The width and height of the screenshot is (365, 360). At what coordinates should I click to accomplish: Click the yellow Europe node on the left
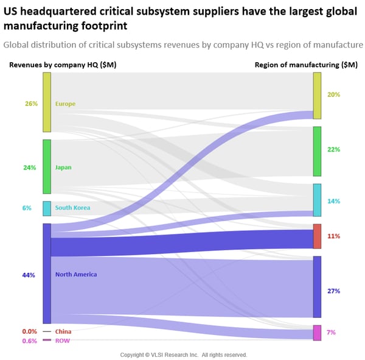[x=47, y=102]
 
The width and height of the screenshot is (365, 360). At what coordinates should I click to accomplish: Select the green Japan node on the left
[x=47, y=166]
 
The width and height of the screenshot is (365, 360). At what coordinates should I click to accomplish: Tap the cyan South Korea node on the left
[x=47, y=208]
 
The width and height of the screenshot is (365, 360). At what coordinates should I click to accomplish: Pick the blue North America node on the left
[x=47, y=273]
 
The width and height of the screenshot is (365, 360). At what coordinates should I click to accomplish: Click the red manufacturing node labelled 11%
[x=317, y=236]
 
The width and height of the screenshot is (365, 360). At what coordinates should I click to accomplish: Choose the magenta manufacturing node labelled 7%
[x=317, y=333]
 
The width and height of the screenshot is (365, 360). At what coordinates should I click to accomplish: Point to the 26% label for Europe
[x=31, y=104]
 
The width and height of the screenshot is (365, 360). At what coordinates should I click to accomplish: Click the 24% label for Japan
[x=30, y=168]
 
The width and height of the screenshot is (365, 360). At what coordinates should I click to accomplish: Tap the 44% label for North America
[x=29, y=275]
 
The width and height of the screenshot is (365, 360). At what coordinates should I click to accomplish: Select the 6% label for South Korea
[x=27, y=208]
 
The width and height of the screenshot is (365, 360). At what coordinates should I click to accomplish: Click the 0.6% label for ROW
[x=29, y=341]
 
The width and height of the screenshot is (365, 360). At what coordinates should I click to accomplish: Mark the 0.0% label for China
[x=29, y=332]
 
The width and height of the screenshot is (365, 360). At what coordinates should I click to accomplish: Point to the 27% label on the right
[x=333, y=291]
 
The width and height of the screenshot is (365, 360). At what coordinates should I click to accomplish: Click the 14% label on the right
[x=333, y=201]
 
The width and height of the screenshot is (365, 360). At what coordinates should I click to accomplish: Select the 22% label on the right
[x=333, y=149]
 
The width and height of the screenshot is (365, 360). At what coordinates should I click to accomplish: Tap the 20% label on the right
[x=333, y=94]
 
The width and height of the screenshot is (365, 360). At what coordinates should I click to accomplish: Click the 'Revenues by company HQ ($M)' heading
[x=63, y=65]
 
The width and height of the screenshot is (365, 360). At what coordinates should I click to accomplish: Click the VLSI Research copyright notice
[x=184, y=355]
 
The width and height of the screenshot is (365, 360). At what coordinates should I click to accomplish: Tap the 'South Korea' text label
[x=72, y=208]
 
